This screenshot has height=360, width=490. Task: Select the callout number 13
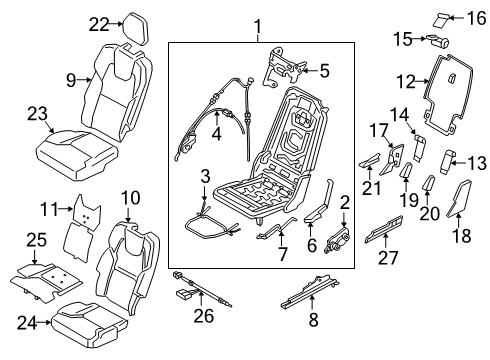476,161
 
